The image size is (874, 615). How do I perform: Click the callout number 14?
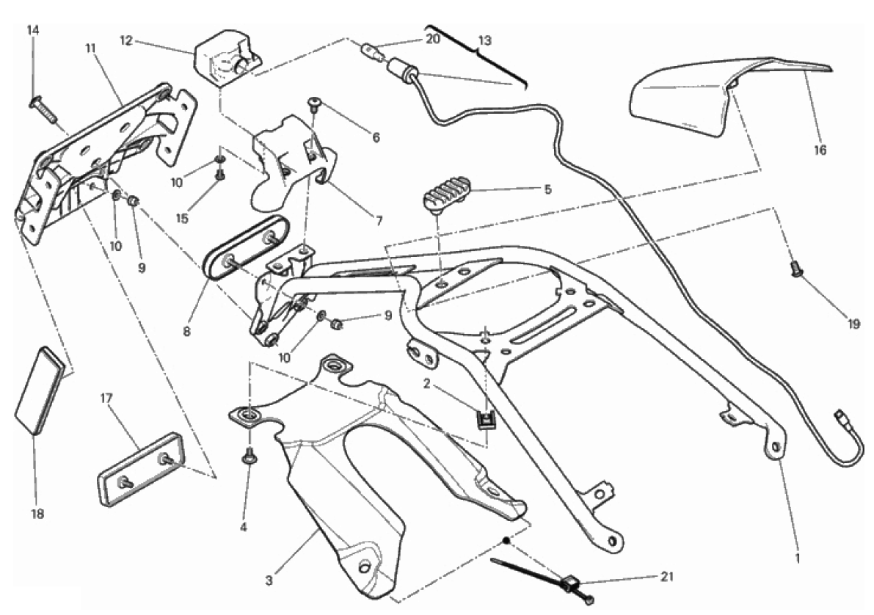coord(33,30)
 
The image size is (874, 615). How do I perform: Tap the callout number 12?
coord(125,40)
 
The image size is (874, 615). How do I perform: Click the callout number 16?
coord(820,150)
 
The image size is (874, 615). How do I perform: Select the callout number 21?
coord(666,576)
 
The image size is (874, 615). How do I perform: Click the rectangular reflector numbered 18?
coord(45,392)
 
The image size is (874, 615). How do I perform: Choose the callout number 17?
coord(106,399)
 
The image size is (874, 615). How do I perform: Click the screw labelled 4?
coord(248,456)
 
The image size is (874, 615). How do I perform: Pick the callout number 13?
coord(485,40)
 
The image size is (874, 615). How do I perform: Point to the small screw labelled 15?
coord(219,175)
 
